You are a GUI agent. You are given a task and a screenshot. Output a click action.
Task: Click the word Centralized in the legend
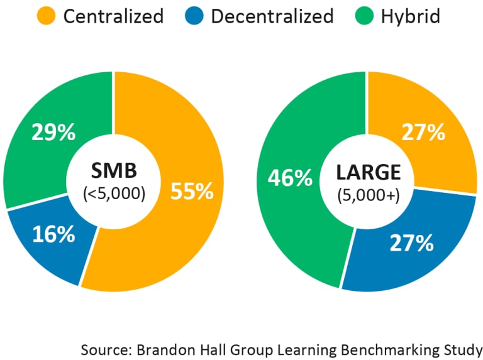coord(113,16)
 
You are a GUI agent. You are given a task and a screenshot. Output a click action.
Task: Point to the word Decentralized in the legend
coord(272,16)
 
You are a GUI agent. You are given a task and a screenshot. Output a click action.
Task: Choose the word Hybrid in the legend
coord(410,16)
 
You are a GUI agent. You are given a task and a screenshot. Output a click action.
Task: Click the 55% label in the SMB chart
coord(192,191)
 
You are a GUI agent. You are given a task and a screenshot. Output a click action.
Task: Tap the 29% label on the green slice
coord(53,133)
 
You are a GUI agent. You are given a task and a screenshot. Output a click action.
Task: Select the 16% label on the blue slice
coord(53,236)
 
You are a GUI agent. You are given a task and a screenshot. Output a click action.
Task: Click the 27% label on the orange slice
coord(424,133)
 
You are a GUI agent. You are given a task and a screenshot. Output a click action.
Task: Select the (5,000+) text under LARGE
coord(368,195)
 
